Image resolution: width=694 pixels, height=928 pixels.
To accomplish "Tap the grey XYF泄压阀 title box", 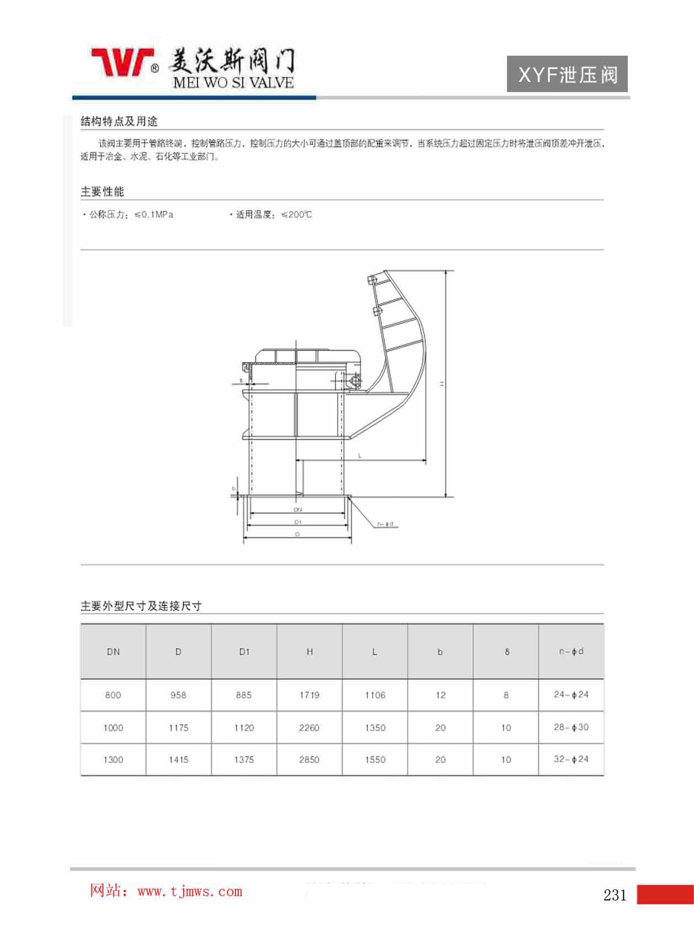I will pos(567,74).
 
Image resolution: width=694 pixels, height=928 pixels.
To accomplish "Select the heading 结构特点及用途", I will pos(119,121).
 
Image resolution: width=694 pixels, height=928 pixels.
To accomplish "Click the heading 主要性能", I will pos(103,192).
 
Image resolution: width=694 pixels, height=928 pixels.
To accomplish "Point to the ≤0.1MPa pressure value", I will pos(154,214).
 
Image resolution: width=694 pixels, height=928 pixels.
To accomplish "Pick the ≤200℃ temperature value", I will pos(297,214).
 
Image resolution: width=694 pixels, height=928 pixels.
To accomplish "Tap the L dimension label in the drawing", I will pos(360,456).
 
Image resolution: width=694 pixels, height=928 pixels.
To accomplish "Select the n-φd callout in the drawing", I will pos(385,524).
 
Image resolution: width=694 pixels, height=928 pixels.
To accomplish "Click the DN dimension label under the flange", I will pos(298,510).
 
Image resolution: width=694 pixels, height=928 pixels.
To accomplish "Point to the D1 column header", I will pos(244,652).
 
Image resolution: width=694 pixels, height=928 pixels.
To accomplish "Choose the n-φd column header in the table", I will pos(571,652).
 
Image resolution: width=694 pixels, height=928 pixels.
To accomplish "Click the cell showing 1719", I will pos(309,695).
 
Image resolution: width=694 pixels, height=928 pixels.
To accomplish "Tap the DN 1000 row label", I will pos(113,728).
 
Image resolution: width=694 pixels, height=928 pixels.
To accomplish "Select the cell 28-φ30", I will pos(571,727).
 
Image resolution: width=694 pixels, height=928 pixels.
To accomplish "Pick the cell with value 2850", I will pos(309,760).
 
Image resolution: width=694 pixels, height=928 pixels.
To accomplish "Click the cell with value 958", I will pos(178,695).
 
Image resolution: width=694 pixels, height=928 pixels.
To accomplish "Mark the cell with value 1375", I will pos(244,760).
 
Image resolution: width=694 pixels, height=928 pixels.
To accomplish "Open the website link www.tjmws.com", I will pos(190,892).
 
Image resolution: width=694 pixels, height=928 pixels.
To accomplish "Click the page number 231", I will pos(615,895).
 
